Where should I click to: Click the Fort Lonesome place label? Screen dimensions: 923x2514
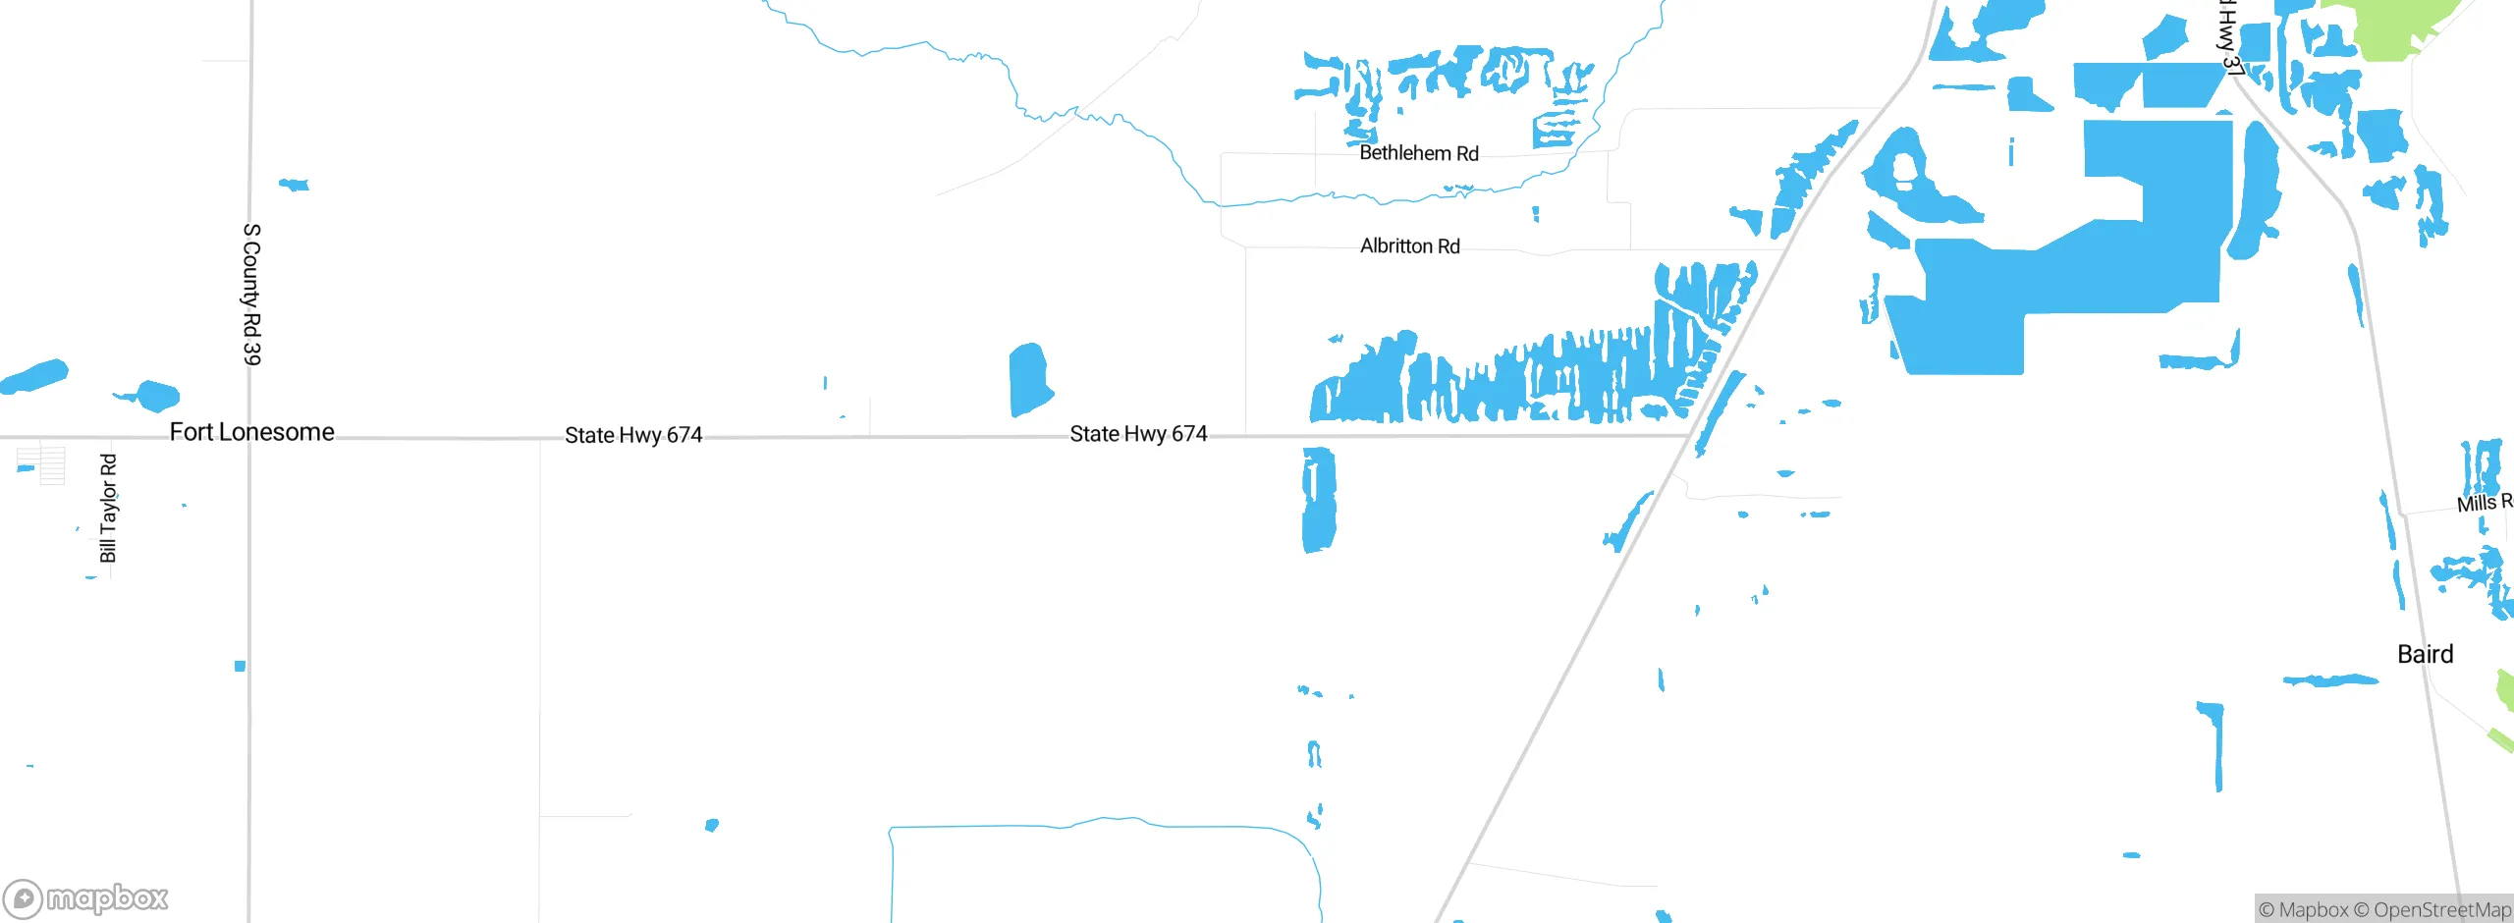coord(251,432)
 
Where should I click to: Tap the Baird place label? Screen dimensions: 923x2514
coord(2425,654)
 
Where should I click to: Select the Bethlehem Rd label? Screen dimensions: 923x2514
coord(1418,153)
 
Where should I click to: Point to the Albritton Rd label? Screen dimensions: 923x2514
coord(1409,245)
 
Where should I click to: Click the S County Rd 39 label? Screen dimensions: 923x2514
coord(252,294)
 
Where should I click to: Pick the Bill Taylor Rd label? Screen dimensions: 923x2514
coord(108,508)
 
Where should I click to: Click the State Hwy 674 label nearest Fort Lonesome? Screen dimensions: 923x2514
coord(633,435)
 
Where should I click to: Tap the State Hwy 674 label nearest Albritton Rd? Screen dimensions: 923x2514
coord(1138,433)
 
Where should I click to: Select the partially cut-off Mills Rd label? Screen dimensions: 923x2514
coord(2484,503)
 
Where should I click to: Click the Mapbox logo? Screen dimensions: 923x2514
coord(85,898)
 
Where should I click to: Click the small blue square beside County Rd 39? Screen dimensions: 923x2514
coord(240,666)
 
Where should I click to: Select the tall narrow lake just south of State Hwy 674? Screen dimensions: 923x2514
coord(1318,499)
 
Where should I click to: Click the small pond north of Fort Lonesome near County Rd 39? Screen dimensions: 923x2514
coord(294,184)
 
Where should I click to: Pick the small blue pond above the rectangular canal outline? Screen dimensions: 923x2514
coord(712,825)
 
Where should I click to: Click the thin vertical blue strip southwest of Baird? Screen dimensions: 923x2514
coord(2216,746)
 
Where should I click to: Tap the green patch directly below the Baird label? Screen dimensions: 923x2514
coord(2506,687)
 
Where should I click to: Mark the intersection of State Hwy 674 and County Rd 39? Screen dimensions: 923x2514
coord(249,437)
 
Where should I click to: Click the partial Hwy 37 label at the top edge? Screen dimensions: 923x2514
coord(2229,39)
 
